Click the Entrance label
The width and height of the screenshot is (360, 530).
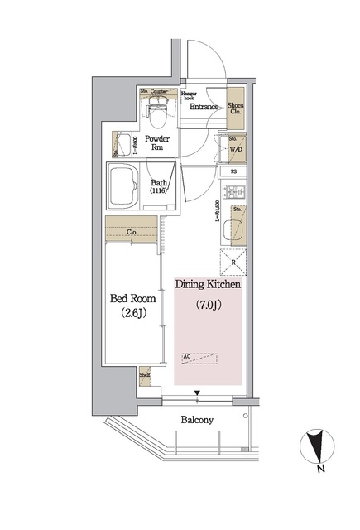coord(204,107)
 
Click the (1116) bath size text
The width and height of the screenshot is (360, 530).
coord(159,191)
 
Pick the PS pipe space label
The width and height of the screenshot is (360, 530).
coord(234,173)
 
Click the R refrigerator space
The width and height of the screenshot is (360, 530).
coord(235,263)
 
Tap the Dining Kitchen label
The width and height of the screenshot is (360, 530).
coord(208,284)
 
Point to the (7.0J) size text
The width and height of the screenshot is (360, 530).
coord(208,305)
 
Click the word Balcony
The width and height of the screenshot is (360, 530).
coord(197,420)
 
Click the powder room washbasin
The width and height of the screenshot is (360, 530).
coord(124,143)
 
